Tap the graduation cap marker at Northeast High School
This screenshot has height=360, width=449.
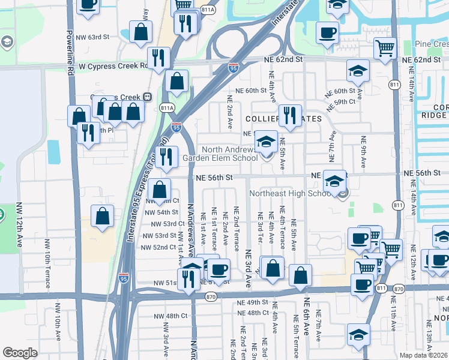pyautogui.click(x=334, y=181)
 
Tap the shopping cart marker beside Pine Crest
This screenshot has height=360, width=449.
pyautogui.click(x=384, y=48)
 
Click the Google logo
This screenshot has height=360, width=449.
pyautogui.click(x=20, y=353)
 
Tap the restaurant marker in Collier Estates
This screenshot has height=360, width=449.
pyautogui.click(x=291, y=115)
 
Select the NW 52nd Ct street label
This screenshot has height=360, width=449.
pyautogui.click(x=158, y=247)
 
